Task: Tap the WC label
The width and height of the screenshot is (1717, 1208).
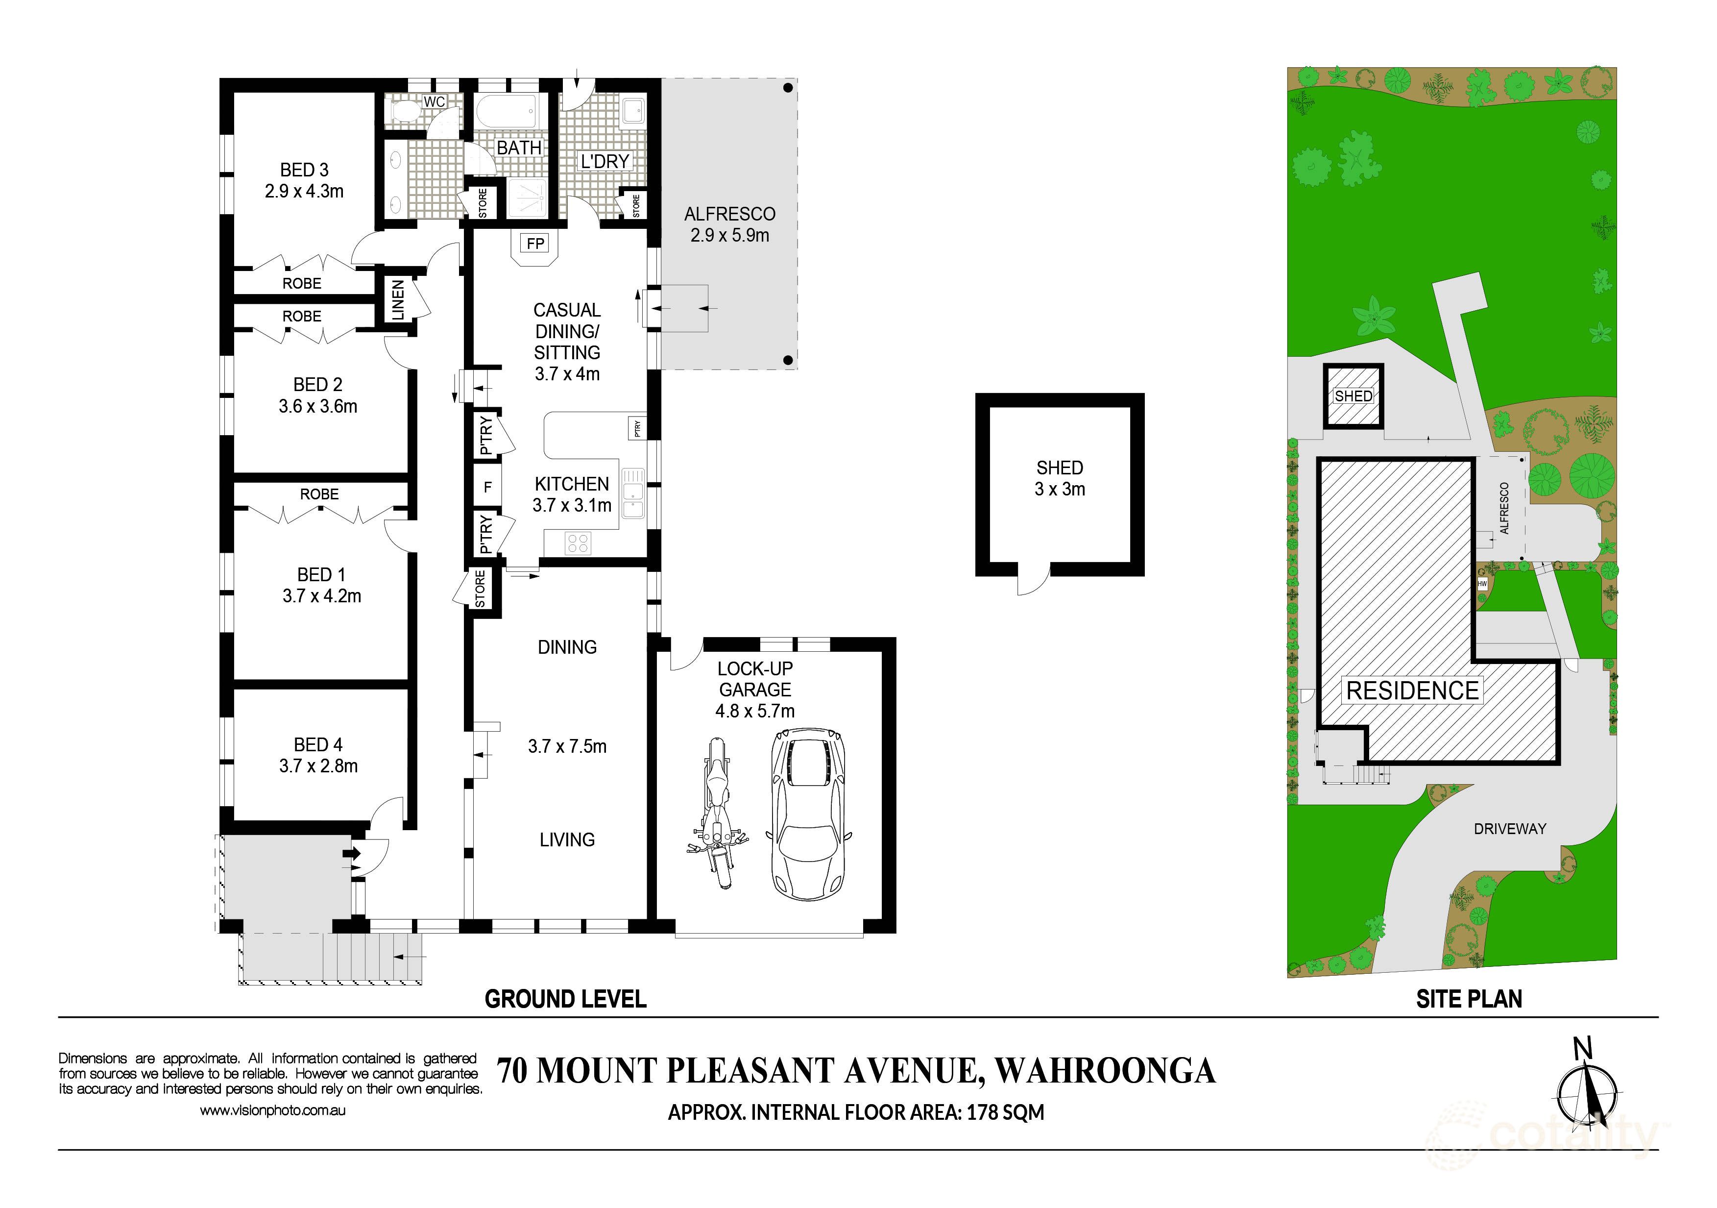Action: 435,102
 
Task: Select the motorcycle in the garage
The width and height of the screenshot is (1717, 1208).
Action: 718,813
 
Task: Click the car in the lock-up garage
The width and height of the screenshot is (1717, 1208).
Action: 808,813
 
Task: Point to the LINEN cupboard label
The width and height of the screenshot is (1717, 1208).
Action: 399,300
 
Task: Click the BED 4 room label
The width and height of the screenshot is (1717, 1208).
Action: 318,744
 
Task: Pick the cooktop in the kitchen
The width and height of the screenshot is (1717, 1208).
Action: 578,542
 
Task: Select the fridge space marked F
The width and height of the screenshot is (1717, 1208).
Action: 487,488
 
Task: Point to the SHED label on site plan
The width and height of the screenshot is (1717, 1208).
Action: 1353,396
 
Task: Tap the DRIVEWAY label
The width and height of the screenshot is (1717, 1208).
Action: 1510,829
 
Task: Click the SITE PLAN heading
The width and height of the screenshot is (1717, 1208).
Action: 1469,999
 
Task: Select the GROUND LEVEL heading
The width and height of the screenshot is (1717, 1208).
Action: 565,999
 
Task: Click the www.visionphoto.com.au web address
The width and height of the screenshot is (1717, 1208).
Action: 272,1111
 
